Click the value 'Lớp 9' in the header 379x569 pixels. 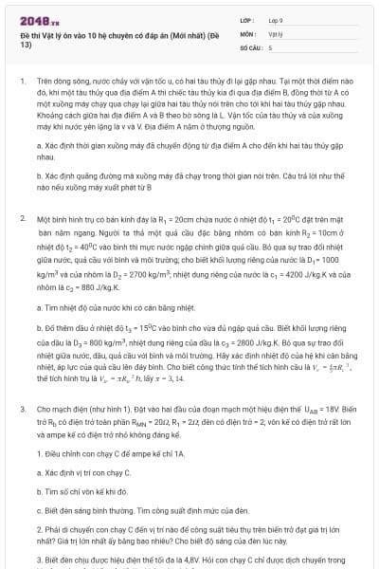(277, 18)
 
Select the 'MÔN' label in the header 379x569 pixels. (248, 32)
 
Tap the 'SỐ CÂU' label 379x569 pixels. (251, 46)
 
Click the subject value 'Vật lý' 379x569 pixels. (276, 32)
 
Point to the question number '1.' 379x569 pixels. (23, 83)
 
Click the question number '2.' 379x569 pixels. (23, 217)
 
